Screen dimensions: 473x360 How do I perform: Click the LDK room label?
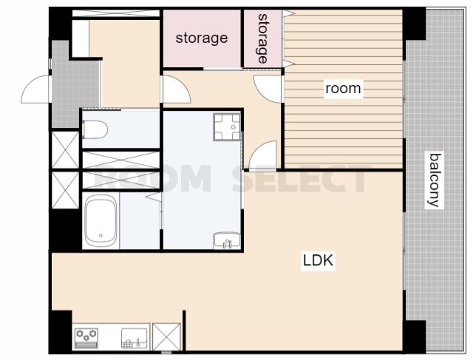pyautogui.click(x=319, y=260)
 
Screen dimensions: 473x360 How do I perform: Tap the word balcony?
pyautogui.click(x=435, y=180)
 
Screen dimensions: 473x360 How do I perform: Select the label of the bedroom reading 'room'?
pyautogui.click(x=343, y=89)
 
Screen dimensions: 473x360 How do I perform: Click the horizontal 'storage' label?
pyautogui.click(x=202, y=38)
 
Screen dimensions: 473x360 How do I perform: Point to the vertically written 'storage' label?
pyautogui.click(x=262, y=38)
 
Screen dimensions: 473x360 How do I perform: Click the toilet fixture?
pyautogui.click(x=95, y=129)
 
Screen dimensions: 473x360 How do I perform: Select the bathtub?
pyautogui.click(x=101, y=220)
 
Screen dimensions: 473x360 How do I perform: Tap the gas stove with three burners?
pyautogui.click(x=86, y=339)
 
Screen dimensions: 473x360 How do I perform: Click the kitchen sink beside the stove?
pyautogui.click(x=135, y=339)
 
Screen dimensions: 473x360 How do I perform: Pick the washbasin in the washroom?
pyautogui.click(x=227, y=240)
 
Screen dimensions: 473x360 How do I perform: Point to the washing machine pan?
pyautogui.click(x=227, y=126)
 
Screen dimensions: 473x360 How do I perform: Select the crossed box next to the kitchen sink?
pyautogui.click(x=166, y=337)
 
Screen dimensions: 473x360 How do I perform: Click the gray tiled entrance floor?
pyautogui.click(x=75, y=85)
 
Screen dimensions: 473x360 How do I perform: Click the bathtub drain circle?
pyautogui.click(x=101, y=236)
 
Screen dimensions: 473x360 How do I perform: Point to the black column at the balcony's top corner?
pyautogui.click(x=414, y=24)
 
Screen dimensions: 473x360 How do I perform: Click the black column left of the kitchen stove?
pyautogui.click(x=61, y=330)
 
